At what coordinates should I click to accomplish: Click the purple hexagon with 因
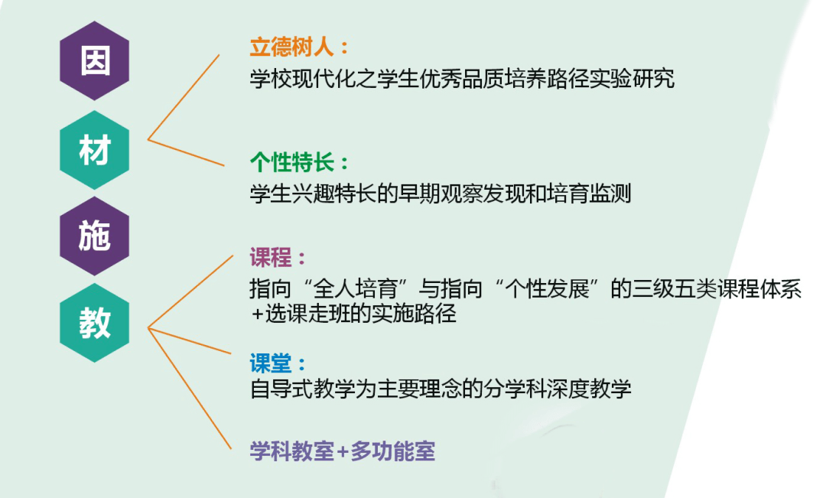click(x=95, y=61)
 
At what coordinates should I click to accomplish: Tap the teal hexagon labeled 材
click(x=95, y=150)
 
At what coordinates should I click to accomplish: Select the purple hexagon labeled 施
click(x=95, y=237)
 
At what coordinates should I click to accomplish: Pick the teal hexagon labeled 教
click(x=95, y=324)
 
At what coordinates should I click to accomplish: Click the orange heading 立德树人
click(x=293, y=47)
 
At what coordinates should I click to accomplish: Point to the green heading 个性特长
click(x=293, y=163)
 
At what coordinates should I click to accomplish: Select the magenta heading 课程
click(x=272, y=257)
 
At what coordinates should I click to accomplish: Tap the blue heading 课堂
click(x=272, y=363)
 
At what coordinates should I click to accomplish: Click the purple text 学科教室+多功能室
click(x=342, y=451)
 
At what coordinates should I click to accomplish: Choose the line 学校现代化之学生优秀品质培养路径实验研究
click(x=462, y=78)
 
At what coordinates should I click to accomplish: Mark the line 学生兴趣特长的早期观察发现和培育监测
click(x=441, y=194)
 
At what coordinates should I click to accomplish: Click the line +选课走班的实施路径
click(x=353, y=314)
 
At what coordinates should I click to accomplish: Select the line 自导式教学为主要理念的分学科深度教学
click(x=441, y=389)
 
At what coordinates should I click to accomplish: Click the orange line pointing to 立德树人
click(x=184, y=97)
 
